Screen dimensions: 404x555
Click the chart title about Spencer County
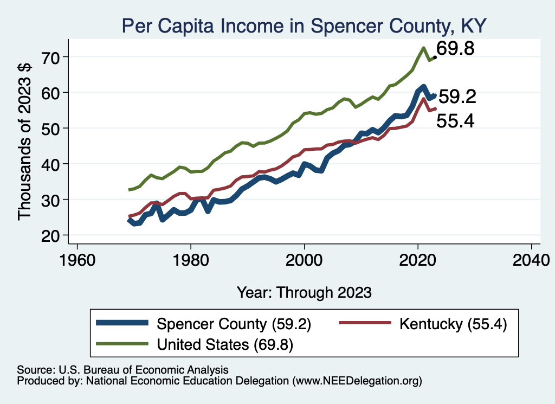pyautogui.click(x=304, y=25)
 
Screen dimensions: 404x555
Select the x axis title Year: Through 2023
pyautogui.click(x=304, y=292)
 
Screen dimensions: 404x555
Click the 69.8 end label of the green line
pyautogui.click(x=455, y=49)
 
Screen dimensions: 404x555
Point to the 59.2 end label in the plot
pyautogui.click(x=457, y=97)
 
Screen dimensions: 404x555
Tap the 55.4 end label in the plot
pyautogui.click(x=455, y=121)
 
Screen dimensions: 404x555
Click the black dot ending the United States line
pyautogui.click(x=435, y=57)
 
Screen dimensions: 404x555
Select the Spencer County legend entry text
pyautogui.click(x=234, y=324)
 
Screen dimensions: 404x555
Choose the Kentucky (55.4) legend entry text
pyautogui.click(x=453, y=324)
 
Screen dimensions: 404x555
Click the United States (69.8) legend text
pyautogui.click(x=225, y=344)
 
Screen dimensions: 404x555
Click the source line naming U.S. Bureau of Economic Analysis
pyautogui.click(x=123, y=369)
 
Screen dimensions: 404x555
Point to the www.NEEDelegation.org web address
pyautogui.click(x=357, y=381)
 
